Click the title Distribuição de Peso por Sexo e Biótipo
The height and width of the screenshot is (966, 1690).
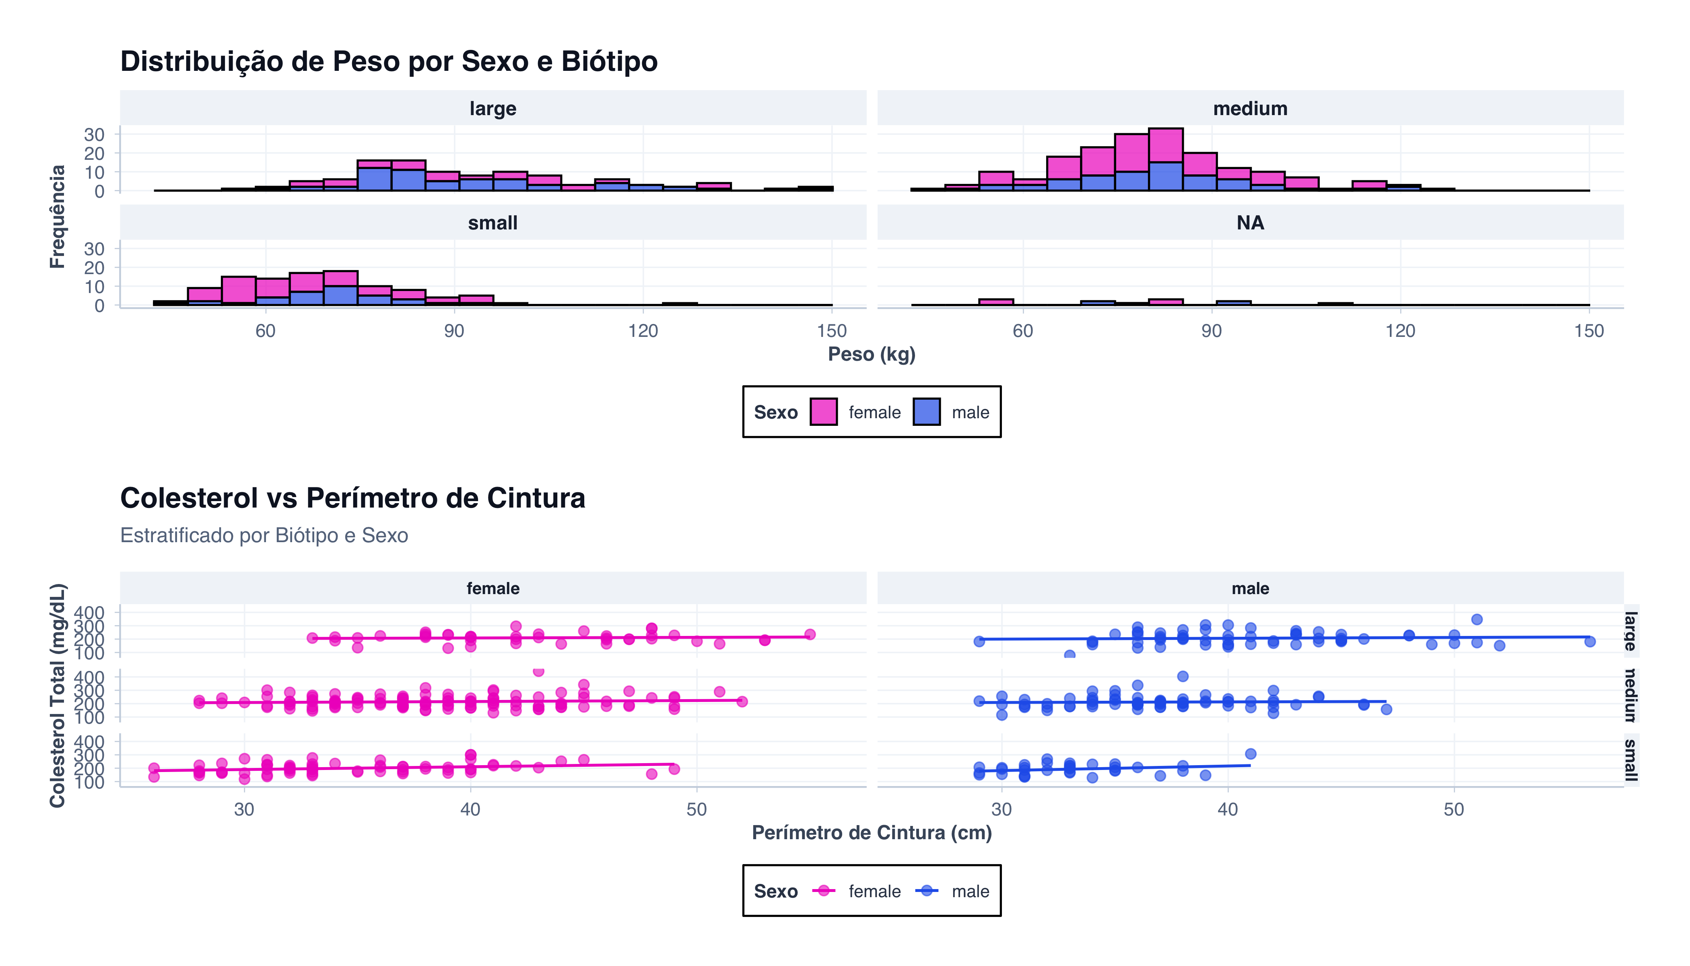(x=389, y=62)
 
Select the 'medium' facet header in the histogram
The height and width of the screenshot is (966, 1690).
(x=1249, y=108)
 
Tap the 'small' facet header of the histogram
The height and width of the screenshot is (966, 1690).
(x=492, y=223)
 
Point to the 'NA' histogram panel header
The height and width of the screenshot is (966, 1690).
(x=1249, y=223)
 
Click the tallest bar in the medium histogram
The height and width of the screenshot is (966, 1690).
(x=1165, y=159)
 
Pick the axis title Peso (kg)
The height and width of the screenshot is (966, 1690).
(x=871, y=354)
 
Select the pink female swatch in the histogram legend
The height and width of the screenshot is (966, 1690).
(x=823, y=412)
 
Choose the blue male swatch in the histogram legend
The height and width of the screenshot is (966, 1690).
(x=926, y=412)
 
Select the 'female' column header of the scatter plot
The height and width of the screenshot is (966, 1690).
(x=492, y=588)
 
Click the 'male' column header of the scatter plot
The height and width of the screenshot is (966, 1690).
(x=1249, y=588)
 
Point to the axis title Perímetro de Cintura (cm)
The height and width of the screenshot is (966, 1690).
(x=871, y=833)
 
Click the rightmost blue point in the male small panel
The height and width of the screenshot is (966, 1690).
(x=1250, y=754)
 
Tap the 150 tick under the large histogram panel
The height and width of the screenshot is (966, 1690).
(x=831, y=331)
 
